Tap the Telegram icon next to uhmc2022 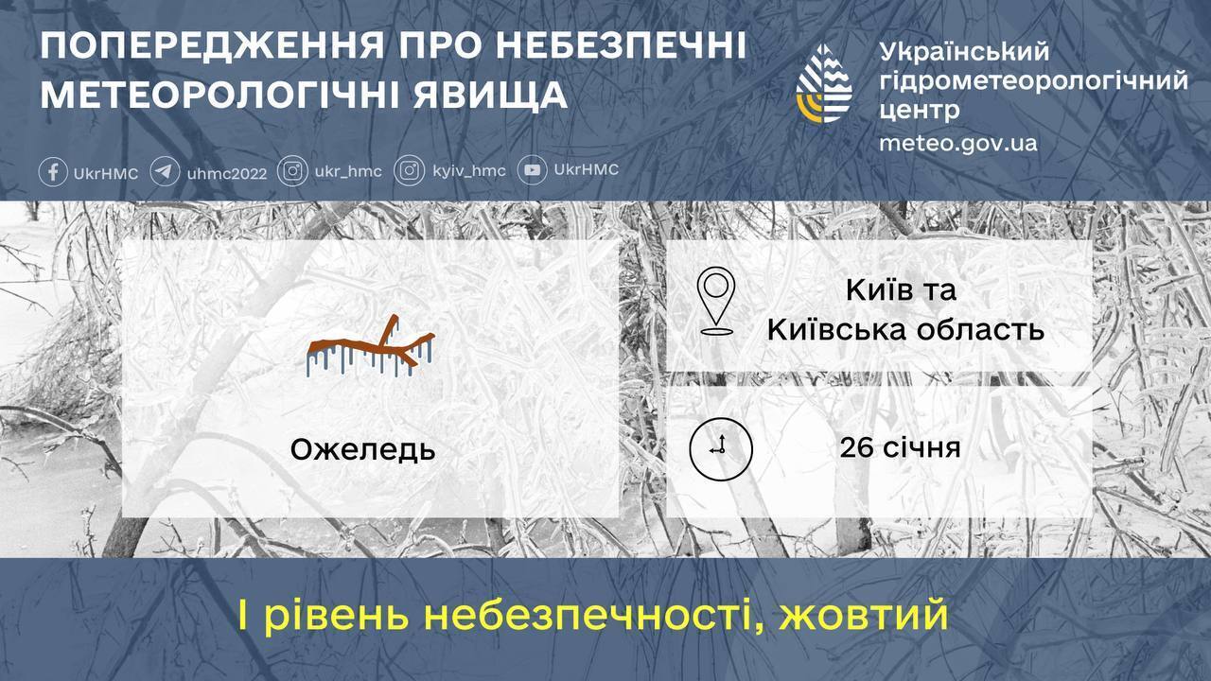(x=165, y=172)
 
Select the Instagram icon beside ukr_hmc (x=294, y=171)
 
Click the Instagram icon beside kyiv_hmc (x=410, y=171)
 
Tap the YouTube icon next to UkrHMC (x=534, y=170)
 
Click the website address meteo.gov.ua (x=957, y=143)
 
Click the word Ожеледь (x=362, y=450)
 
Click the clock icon (x=720, y=448)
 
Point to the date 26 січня (x=900, y=446)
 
